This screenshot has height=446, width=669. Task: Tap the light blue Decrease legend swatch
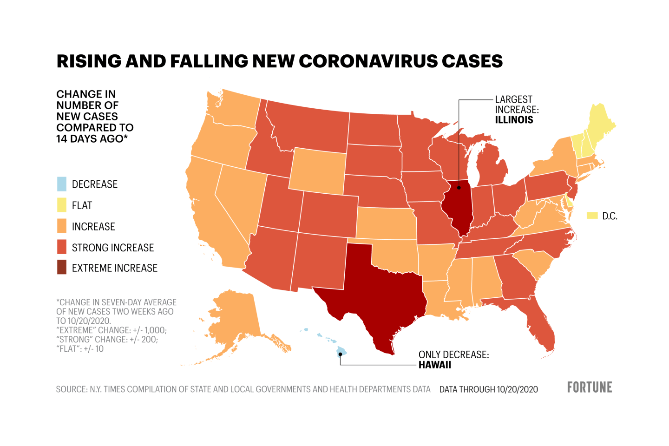[x=62, y=184]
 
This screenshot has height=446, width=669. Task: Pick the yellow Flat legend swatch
[x=62, y=205]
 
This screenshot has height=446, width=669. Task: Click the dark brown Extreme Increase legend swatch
[x=62, y=268]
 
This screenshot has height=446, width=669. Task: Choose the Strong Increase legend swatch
[x=62, y=247]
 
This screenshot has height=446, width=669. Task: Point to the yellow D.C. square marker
[x=592, y=216]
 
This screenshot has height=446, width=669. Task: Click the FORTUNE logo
[x=590, y=387]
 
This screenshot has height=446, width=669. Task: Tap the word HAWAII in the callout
[x=435, y=365]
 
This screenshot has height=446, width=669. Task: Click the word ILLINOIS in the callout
[x=514, y=120]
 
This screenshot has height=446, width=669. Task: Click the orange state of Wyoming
[x=318, y=172]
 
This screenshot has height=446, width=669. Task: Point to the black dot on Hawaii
[x=340, y=354]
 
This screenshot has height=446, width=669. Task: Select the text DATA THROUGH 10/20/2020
[x=488, y=389]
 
